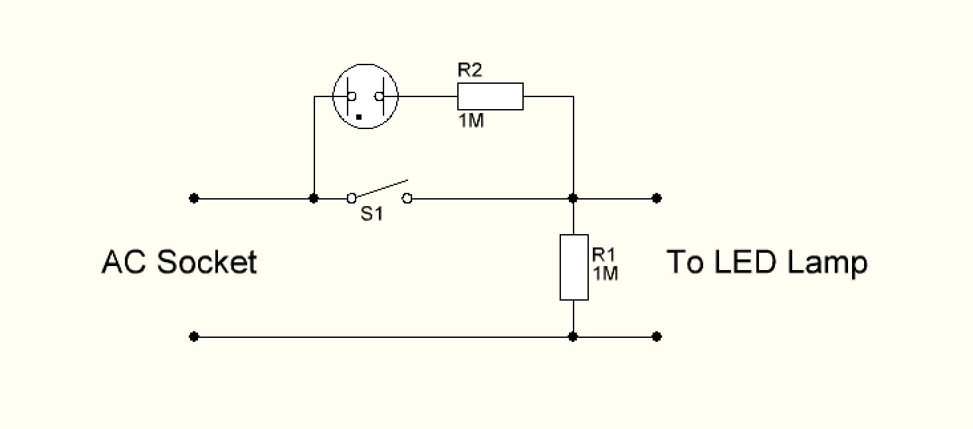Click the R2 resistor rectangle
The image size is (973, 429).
pyautogui.click(x=490, y=96)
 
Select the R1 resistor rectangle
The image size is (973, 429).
pyautogui.click(x=574, y=267)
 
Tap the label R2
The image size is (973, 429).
pyautogui.click(x=469, y=71)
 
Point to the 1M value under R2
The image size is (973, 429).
pyautogui.click(x=471, y=122)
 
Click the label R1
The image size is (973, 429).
pyautogui.click(x=604, y=255)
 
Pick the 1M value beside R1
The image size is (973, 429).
pyautogui.click(x=605, y=273)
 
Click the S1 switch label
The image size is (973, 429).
pyautogui.click(x=372, y=215)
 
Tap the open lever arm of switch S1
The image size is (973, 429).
pyautogui.click(x=380, y=188)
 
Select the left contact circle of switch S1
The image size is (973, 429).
pyautogui.click(x=352, y=198)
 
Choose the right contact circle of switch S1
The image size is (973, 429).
pyautogui.click(x=407, y=198)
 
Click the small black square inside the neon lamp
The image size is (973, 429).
pyautogui.click(x=359, y=117)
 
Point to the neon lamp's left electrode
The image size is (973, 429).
pyautogui.click(x=348, y=96)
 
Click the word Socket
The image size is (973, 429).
pyautogui.click(x=207, y=262)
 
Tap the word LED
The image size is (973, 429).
pyautogui.click(x=745, y=262)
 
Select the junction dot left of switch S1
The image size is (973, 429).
pyautogui.click(x=314, y=198)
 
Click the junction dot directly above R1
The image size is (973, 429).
pyautogui.click(x=574, y=198)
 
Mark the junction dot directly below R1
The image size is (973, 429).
pyautogui.click(x=574, y=337)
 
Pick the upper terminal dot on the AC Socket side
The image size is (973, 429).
pyautogui.click(x=193, y=198)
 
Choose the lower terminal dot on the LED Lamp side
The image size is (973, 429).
pyautogui.click(x=657, y=337)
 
